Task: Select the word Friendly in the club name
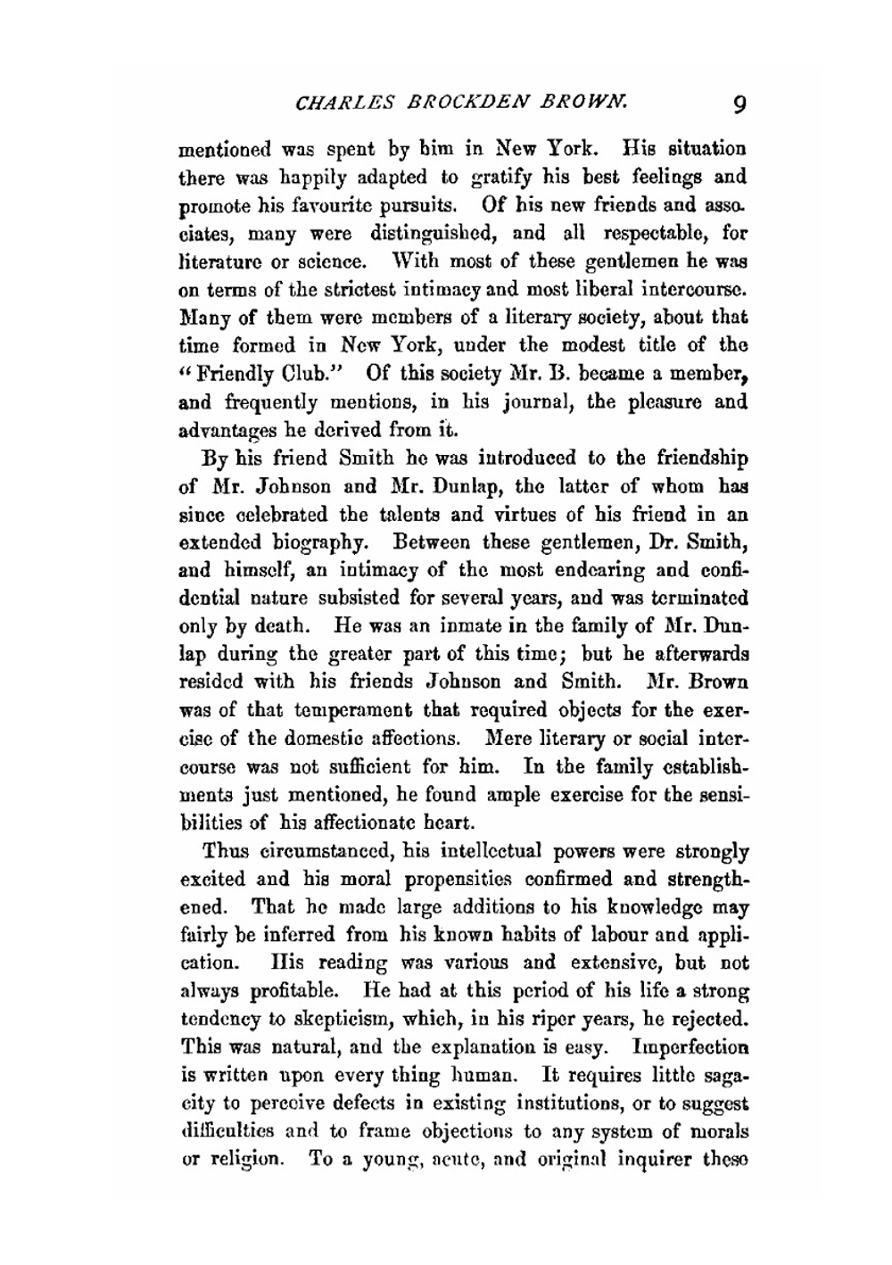tap(231, 373)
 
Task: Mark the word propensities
tap(455, 879)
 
